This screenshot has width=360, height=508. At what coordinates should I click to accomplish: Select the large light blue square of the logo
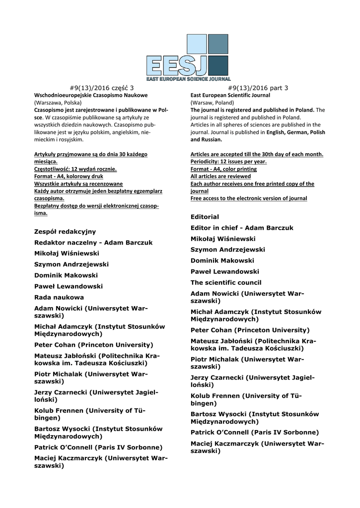click(196, 44)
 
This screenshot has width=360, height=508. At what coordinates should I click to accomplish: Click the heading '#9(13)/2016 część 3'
click(102, 88)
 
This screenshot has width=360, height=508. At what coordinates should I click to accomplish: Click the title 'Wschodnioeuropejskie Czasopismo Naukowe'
click(91, 95)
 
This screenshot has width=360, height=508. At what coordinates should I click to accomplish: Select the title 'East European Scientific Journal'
click(230, 95)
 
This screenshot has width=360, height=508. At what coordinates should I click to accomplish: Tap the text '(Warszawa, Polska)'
click(58, 102)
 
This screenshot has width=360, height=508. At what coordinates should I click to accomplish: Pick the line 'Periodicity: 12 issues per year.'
click(228, 162)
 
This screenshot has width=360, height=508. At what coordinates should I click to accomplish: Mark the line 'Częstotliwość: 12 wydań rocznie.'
click(75, 169)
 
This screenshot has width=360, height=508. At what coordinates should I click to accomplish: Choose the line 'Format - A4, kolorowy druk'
click(69, 176)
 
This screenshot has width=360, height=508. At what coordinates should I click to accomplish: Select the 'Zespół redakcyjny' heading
click(65, 232)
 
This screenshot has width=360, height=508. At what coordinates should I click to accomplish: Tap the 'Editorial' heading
click(205, 217)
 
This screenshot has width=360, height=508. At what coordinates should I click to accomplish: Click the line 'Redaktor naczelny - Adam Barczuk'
click(93, 243)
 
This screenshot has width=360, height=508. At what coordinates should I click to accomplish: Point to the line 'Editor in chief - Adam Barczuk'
click(242, 228)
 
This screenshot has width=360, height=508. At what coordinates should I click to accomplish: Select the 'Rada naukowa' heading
click(59, 297)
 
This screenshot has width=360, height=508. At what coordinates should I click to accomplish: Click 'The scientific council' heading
click(226, 282)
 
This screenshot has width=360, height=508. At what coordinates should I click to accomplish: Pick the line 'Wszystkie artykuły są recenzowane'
click(78, 184)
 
